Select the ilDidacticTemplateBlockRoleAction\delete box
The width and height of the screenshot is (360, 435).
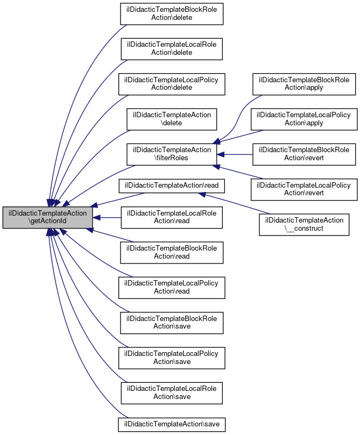tap(172, 13)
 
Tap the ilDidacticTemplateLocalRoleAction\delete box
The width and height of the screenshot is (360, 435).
tap(172, 48)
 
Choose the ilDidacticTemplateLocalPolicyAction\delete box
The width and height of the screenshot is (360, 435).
tap(172, 83)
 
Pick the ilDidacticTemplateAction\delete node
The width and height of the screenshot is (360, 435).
tap(172, 119)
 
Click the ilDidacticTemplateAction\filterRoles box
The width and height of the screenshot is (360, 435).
tap(172, 154)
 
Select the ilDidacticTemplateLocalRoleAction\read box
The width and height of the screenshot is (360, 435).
tap(172, 218)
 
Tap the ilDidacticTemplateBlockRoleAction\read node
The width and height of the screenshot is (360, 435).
tap(172, 252)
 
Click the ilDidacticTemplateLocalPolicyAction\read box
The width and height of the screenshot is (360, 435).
tap(172, 288)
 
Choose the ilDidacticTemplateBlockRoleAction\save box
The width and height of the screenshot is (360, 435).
tap(172, 323)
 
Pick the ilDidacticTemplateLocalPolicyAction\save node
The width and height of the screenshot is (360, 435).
tap(172, 358)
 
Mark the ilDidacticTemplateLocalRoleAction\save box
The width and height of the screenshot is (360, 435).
tap(172, 393)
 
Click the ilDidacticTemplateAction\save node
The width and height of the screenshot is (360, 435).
tap(172, 424)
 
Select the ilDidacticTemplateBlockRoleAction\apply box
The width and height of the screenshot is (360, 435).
tap(304, 83)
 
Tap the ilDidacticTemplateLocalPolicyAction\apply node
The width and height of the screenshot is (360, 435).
tap(304, 119)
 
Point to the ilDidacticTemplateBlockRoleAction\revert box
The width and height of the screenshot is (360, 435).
tap(304, 154)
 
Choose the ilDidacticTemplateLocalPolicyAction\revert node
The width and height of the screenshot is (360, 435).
tap(304, 189)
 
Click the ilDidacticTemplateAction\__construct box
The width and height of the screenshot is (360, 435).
tap(304, 224)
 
